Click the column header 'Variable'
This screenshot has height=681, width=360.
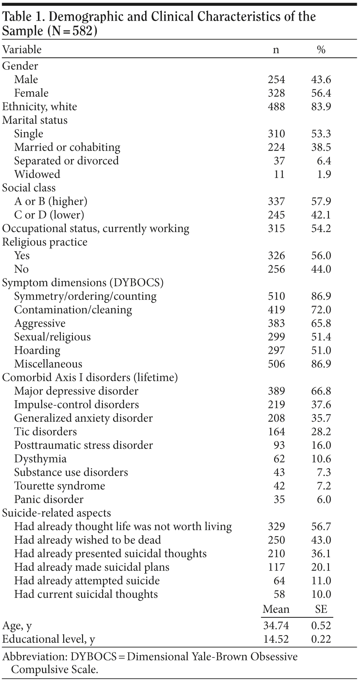pos(22,49)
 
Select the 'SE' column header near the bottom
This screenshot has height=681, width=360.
pos(321,609)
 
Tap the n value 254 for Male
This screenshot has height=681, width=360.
pos(276,79)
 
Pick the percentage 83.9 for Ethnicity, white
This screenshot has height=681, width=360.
pos(321,107)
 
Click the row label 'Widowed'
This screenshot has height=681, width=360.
pos(37,174)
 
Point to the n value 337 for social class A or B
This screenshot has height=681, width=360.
pos(276,201)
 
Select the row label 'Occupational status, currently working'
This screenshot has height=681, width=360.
pos(96,228)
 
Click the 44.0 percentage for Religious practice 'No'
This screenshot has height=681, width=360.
pos(321,269)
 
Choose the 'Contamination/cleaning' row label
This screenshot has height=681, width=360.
pos(73,310)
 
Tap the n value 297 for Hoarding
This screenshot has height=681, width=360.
pos(276,350)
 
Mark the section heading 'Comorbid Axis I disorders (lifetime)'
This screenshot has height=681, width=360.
pos(90,378)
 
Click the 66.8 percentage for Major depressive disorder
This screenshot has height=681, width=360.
pos(321,391)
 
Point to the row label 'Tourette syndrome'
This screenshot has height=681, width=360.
pos(60,486)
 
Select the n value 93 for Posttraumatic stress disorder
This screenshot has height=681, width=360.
pos(279,445)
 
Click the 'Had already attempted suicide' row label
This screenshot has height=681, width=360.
pos(87,581)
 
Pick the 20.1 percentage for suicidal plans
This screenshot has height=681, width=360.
pos(321,567)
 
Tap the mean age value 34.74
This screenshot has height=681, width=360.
pos(276,625)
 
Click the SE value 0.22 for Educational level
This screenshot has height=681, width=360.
pos(321,639)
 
